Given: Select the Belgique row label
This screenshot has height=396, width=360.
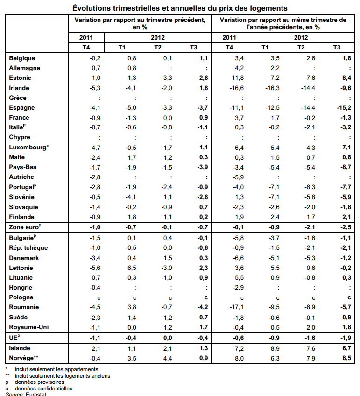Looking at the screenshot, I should point(22,58).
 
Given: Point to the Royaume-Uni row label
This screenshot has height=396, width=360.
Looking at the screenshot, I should point(28,327).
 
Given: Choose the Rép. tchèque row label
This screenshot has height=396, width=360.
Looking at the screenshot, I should point(28,247).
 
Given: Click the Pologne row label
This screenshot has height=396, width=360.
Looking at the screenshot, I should point(21,297).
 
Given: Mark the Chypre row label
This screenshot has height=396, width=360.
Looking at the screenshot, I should point(20,137).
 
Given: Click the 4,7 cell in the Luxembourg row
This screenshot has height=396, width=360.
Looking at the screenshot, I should point(95,147).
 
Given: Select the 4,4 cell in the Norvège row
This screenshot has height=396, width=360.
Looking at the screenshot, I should point(167,358).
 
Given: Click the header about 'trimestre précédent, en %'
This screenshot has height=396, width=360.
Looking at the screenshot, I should point(140,24).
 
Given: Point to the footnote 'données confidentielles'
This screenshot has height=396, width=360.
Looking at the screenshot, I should point(44,389).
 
